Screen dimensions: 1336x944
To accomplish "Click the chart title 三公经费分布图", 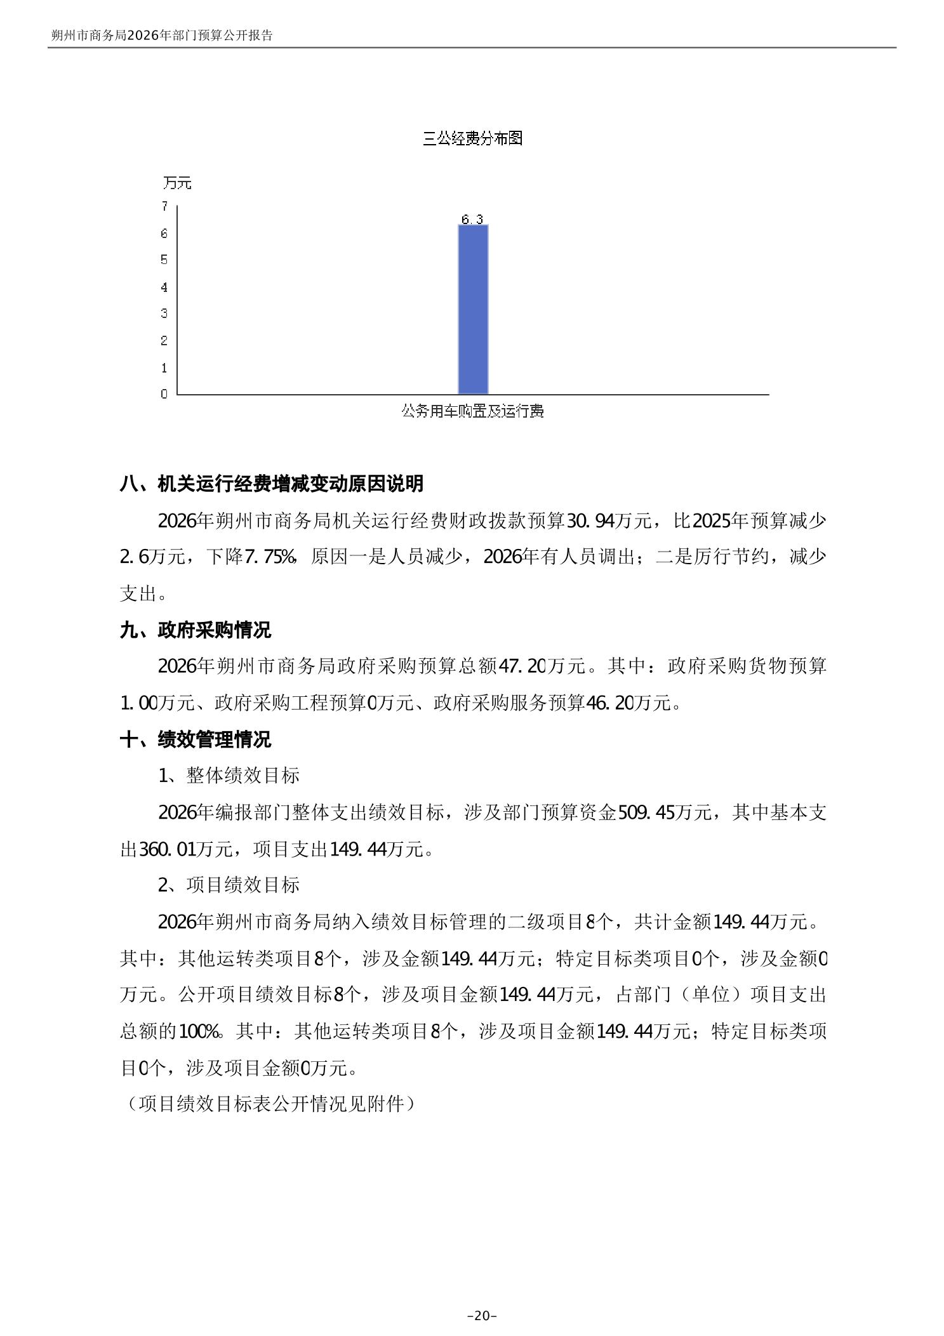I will pos(472,138).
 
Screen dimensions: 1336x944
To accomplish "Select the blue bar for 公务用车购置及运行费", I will pos(473,309).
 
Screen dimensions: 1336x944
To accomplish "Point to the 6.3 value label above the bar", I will pos(472,220).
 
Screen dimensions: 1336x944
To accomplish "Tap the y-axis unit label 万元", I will pos(176,183).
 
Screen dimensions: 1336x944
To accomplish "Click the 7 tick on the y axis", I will pos(164,206).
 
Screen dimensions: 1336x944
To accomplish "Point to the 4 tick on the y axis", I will pos(164,288).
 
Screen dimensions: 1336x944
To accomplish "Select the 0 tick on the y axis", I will pos(164,394).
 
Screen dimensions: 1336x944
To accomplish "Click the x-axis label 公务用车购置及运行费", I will pos(472,411).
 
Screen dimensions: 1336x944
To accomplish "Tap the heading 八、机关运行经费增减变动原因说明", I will pos(271,484).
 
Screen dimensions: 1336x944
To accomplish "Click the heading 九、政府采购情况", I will pos(195,630).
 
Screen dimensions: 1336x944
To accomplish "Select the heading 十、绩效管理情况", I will pos(195,739).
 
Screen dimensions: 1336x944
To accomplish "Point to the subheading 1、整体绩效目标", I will pos(229,776).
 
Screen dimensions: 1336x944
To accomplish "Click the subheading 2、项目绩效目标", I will pos(229,885).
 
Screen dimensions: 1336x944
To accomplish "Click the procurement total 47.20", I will pos(523,666).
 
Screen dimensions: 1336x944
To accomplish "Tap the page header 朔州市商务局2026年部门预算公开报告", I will pos(162,36).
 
